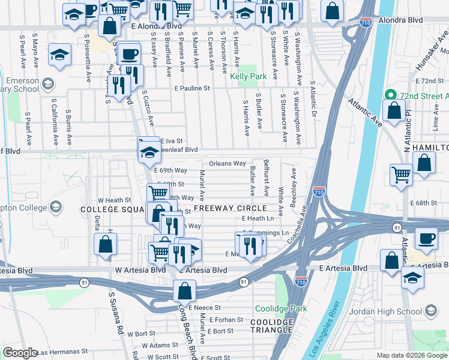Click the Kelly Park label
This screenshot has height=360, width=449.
[x=248, y=77]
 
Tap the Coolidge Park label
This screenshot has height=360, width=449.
[x=281, y=308]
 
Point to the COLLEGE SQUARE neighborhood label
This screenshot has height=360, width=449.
[x=112, y=209]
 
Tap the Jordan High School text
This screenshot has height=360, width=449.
[x=393, y=311]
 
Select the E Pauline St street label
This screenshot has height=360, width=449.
[x=191, y=88]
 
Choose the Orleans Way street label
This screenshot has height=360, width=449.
[x=228, y=163]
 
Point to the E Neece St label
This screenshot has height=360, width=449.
[x=205, y=307]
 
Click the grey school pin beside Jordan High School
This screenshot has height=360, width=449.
[x=430, y=311]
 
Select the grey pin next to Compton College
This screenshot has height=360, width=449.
[x=56, y=208]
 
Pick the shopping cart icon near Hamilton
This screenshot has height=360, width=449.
[x=400, y=174]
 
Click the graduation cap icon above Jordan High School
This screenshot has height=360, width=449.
[x=412, y=277]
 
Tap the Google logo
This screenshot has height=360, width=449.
[x=20, y=353]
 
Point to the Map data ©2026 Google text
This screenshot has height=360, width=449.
[x=411, y=355]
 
